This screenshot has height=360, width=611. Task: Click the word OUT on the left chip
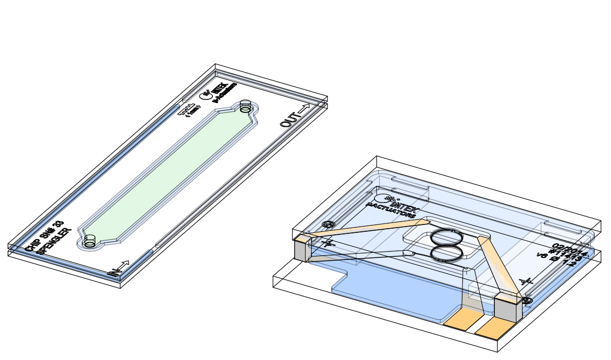(288, 120)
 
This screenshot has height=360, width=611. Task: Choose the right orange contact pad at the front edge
(492, 328)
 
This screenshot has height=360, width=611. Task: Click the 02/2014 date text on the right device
(568, 249)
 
